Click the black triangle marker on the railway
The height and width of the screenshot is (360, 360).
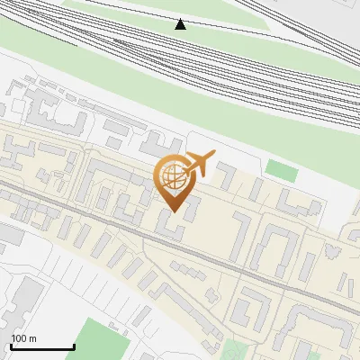pyautogui.click(x=181, y=24)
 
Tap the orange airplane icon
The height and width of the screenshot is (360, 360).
pyautogui.click(x=197, y=165)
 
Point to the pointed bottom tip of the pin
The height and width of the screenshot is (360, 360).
pyautogui.click(x=173, y=212)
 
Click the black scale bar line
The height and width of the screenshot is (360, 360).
pyautogui.click(x=42, y=346)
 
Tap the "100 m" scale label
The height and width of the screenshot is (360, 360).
pyautogui.click(x=23, y=338)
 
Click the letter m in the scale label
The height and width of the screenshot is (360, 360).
pyautogui.click(x=33, y=338)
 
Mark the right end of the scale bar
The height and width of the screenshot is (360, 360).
pyautogui.click(x=74, y=346)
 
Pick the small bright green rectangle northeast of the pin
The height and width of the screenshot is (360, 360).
pyautogui.click(x=281, y=169)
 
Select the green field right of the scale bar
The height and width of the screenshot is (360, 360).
pyautogui.click(x=99, y=338)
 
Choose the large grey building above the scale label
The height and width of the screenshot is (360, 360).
pyautogui.click(x=24, y=301)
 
